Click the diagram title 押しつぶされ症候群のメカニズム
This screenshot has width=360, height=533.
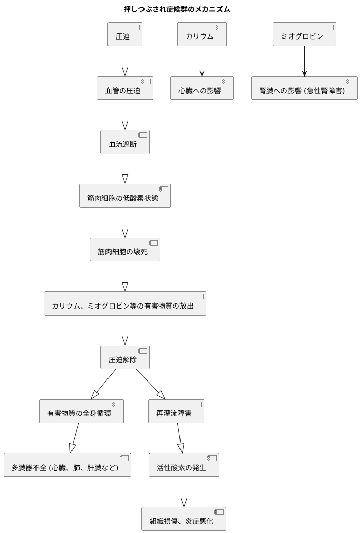180,9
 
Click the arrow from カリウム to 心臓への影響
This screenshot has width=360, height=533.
202,61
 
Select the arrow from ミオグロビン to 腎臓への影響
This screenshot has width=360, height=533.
304,61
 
